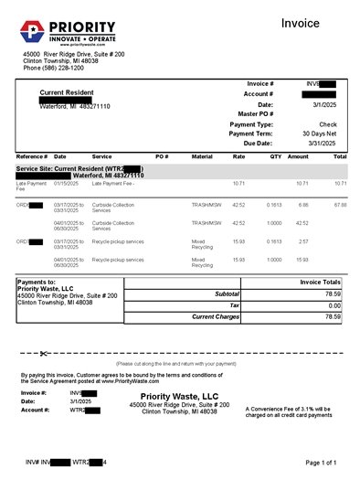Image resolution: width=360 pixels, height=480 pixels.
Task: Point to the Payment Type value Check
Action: click(x=328, y=123)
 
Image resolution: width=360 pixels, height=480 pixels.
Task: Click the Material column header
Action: click(x=202, y=156)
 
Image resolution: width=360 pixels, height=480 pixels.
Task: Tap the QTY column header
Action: click(x=277, y=156)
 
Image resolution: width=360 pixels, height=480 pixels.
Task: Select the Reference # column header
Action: click(x=32, y=156)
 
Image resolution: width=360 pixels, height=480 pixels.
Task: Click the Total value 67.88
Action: click(x=340, y=205)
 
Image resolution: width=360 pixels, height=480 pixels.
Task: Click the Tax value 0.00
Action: click(x=334, y=305)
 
